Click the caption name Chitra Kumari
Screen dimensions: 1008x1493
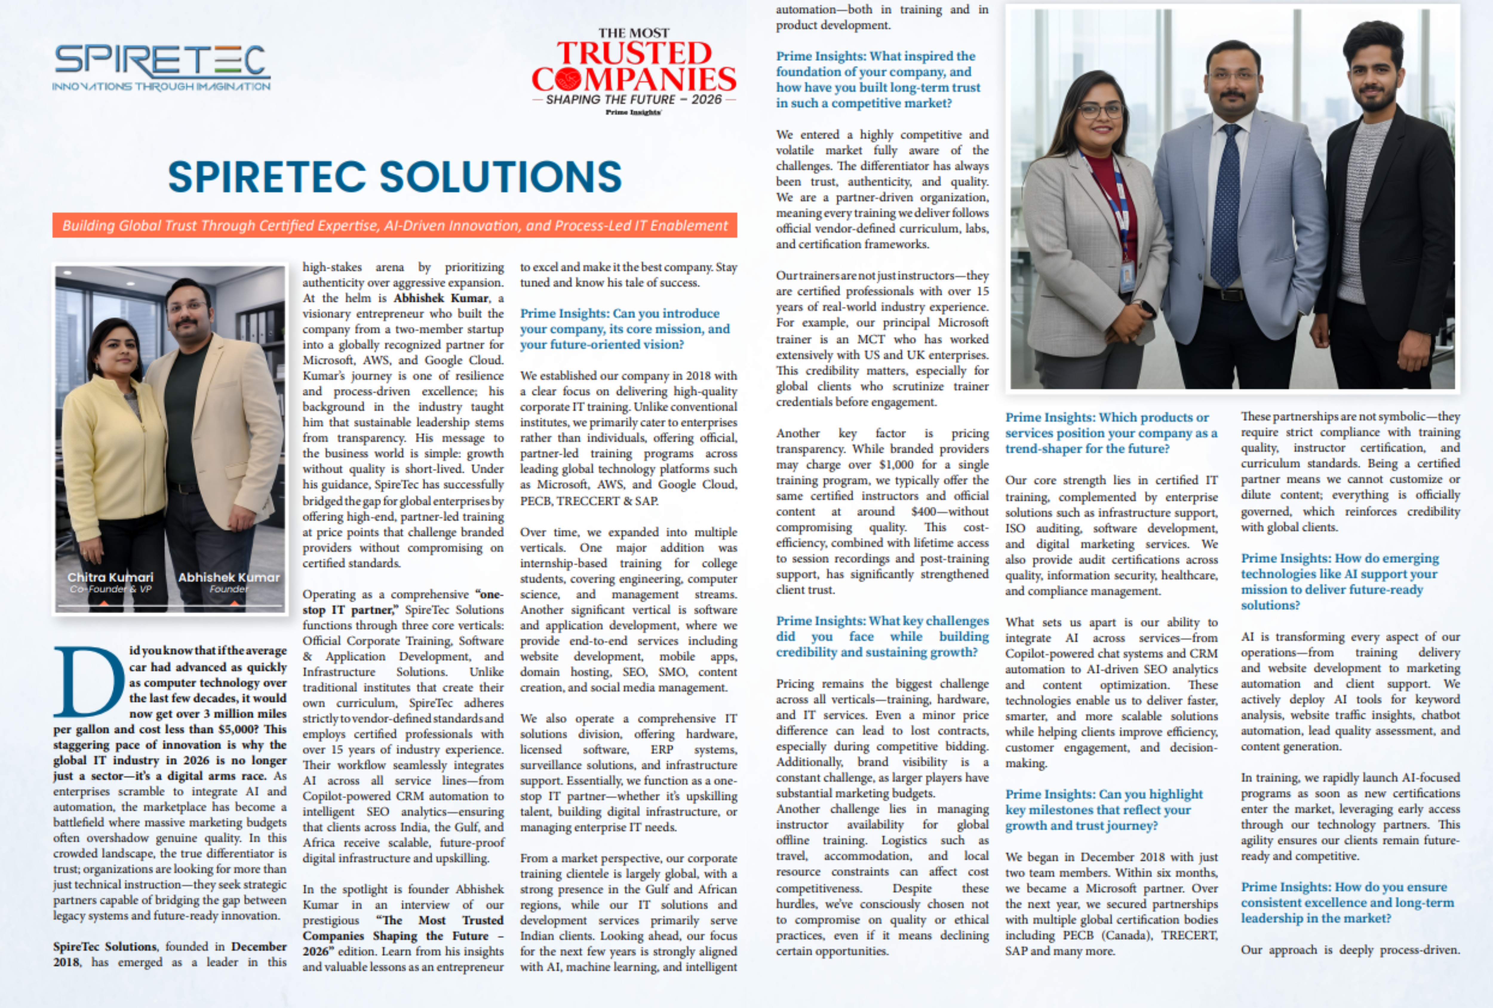coord(110,577)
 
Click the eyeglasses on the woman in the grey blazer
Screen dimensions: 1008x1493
coord(1100,111)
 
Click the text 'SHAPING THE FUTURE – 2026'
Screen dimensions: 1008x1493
coord(633,99)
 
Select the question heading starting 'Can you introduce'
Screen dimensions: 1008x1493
coord(624,329)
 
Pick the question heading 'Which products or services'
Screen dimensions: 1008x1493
coord(1111,433)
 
